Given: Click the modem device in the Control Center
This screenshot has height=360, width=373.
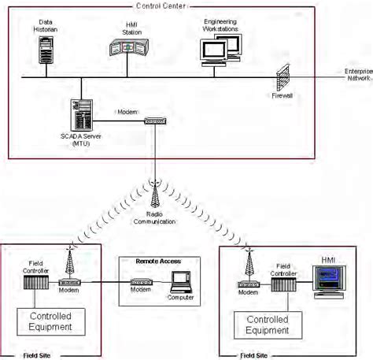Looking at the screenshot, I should pos(154,121).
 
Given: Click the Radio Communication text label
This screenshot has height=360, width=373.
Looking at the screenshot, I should pos(155,218).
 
